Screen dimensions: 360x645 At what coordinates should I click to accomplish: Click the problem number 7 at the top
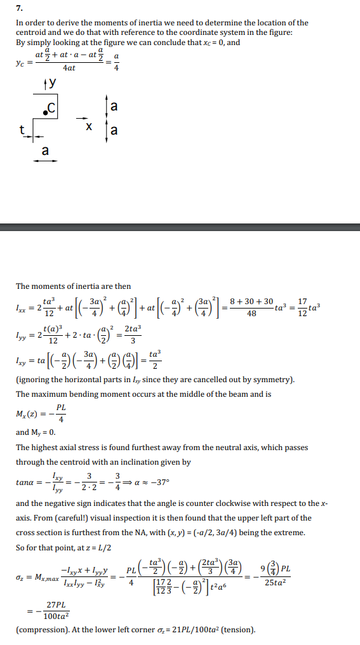[19, 9]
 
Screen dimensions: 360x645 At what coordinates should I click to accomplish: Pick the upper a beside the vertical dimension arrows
[114, 106]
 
